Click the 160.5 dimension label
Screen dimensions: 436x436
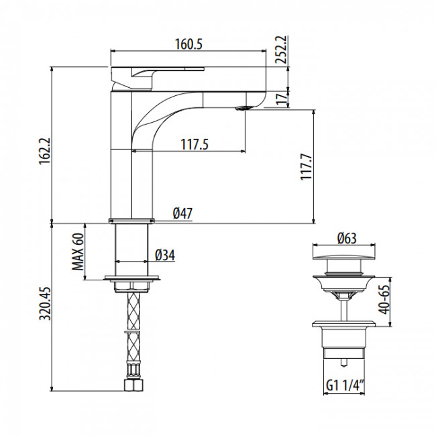[188, 44]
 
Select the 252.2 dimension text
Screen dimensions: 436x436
[282, 50]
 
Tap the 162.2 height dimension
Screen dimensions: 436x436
[45, 152]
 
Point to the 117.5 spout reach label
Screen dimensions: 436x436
[195, 144]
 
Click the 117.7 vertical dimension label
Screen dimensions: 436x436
[307, 166]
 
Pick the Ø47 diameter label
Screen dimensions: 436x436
[182, 213]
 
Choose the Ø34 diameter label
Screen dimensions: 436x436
[165, 255]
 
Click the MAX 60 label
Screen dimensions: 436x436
[78, 252]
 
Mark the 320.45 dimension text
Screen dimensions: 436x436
[45, 303]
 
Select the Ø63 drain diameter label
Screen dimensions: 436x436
[347, 238]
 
